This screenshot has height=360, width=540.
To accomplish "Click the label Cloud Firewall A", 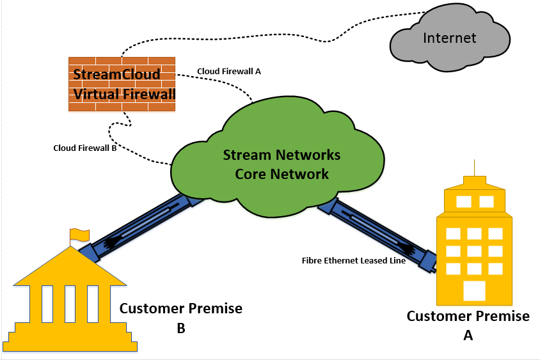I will coord(228,71).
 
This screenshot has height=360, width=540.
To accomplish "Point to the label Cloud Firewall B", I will coord(84,148).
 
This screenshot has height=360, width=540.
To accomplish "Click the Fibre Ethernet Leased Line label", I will coord(353,260).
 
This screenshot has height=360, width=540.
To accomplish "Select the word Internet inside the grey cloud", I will coord(449,38).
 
